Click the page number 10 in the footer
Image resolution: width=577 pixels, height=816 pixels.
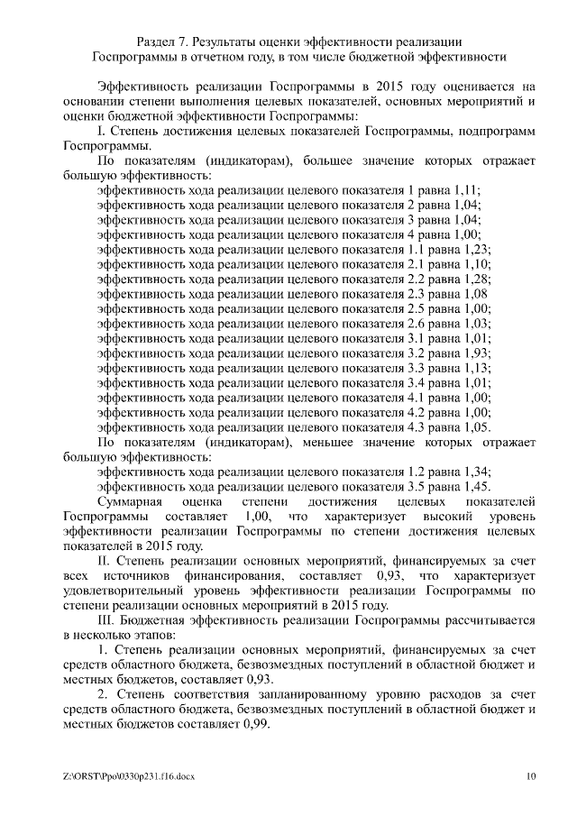click(x=531, y=775)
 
